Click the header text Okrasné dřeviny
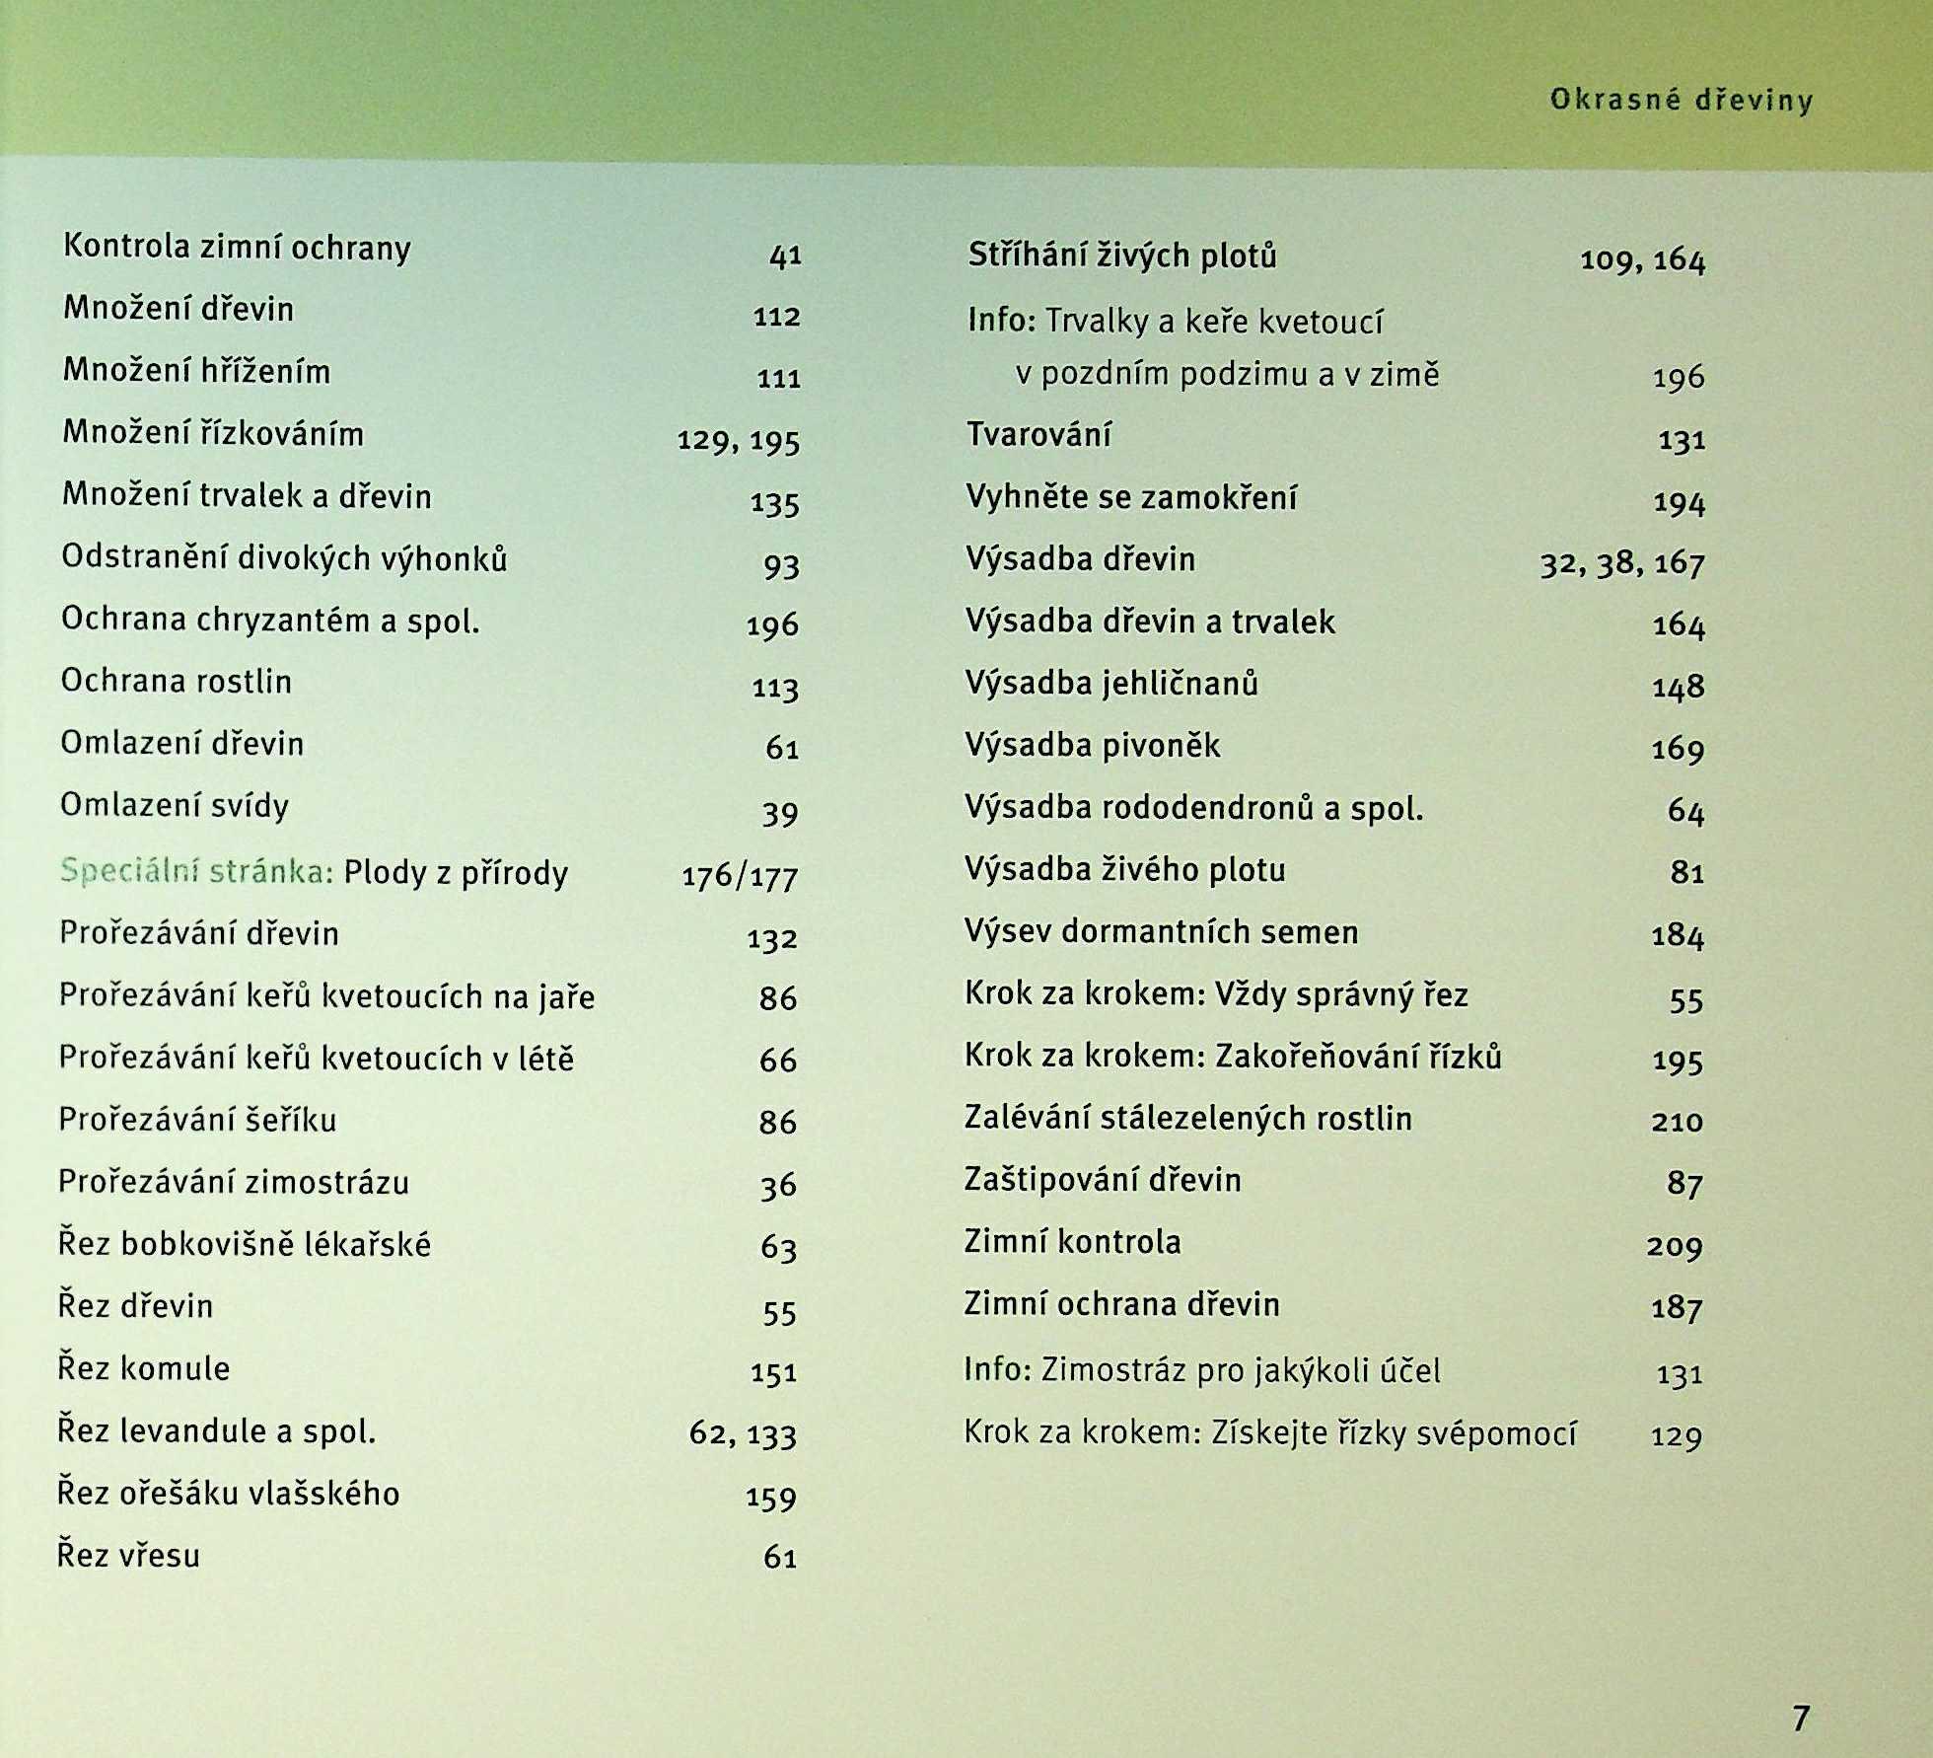(x=1681, y=101)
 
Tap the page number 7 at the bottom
(x=1801, y=1718)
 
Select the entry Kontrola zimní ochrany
(x=237, y=248)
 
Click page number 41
(x=785, y=256)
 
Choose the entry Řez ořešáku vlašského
(x=228, y=1494)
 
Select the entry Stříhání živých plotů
(x=1121, y=256)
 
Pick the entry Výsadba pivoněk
(x=1093, y=746)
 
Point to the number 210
(x=1678, y=1122)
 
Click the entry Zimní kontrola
(x=1072, y=1242)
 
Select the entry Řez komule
(x=144, y=1369)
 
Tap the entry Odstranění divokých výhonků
(x=284, y=558)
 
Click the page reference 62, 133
(x=743, y=1433)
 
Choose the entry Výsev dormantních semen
(x=1161, y=932)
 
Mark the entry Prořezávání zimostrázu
(x=234, y=1182)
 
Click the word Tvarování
(x=1038, y=435)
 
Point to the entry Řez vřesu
(x=129, y=1556)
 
